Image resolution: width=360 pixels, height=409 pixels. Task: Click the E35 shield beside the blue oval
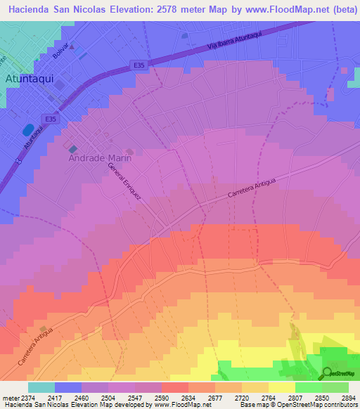point(51,119)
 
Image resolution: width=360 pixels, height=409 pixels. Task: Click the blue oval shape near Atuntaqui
point(28,131)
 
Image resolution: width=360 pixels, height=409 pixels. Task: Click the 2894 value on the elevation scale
point(349,397)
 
